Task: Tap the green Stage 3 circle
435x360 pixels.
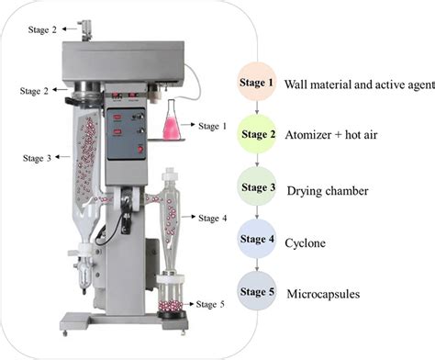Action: pos(258,189)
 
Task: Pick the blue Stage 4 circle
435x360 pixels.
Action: pos(258,242)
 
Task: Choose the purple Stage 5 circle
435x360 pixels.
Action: pos(258,294)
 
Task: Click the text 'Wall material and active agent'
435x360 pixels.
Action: pos(358,84)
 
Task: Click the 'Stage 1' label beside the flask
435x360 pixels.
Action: pos(210,126)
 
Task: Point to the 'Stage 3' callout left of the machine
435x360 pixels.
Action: pos(38,157)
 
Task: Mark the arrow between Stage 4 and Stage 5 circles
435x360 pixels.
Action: pos(258,268)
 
